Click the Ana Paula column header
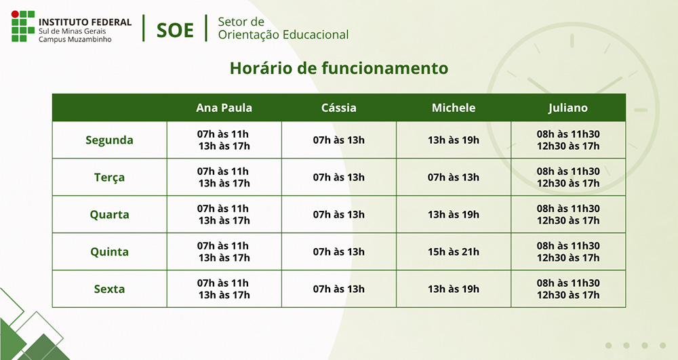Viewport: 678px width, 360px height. (x=224, y=108)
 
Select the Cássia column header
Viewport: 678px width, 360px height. (x=338, y=108)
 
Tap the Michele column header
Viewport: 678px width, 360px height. (x=454, y=108)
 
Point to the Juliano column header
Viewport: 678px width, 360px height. (x=567, y=108)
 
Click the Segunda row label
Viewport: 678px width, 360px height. (x=109, y=140)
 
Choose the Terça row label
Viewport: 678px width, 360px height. (x=109, y=178)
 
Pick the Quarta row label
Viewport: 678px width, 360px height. (x=109, y=215)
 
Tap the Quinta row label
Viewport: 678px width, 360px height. (x=109, y=252)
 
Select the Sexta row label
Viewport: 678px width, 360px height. (x=109, y=289)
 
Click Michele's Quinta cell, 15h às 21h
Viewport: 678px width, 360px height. (x=454, y=252)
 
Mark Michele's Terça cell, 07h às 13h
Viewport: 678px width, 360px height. (x=454, y=178)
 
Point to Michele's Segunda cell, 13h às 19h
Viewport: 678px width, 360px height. (x=454, y=140)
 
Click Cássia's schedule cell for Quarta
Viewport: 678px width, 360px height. (x=338, y=215)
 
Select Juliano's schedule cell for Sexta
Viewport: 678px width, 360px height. (x=568, y=289)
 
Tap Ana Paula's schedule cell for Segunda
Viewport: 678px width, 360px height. (x=224, y=140)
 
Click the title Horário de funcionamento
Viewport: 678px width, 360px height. (x=339, y=68)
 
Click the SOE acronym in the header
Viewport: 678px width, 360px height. (x=175, y=31)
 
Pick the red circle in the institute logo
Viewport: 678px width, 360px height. (x=15, y=14)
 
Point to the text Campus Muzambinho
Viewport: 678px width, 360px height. (x=75, y=39)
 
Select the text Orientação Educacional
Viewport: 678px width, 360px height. (x=283, y=35)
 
